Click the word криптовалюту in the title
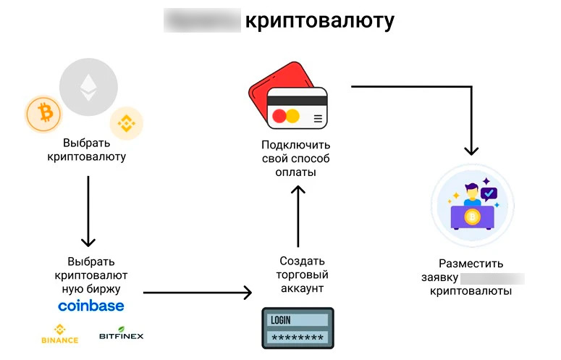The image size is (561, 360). (319, 21)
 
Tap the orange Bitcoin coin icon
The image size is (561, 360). (43, 114)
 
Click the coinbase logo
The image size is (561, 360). (90, 306)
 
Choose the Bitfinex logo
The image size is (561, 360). (121, 333)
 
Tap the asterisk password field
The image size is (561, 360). (297, 338)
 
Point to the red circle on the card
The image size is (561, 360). (279, 116)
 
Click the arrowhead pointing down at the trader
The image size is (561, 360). (471, 150)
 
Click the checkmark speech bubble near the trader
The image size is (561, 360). (489, 193)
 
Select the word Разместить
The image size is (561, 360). (471, 264)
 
